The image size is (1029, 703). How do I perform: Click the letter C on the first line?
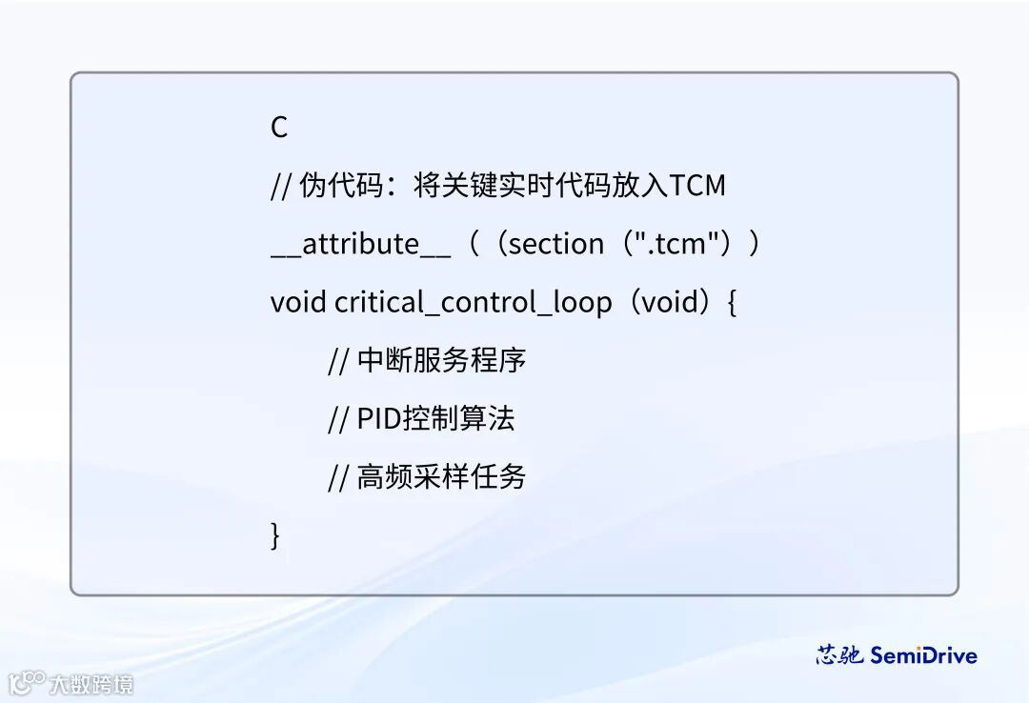coord(279,128)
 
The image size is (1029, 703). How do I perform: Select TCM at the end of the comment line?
coord(697,185)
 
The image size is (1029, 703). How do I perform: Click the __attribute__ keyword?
coord(360,245)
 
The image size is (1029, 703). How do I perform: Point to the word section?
coord(556,244)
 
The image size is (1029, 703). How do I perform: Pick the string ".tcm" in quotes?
coord(672,244)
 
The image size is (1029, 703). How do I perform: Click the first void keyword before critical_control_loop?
coord(298,302)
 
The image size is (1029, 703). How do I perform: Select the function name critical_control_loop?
coord(474,303)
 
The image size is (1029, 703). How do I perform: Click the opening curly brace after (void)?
coord(732,303)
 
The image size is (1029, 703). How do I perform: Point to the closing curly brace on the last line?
coord(276,535)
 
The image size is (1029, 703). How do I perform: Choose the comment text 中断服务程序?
coord(441,360)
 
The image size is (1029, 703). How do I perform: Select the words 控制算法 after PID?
coord(458,419)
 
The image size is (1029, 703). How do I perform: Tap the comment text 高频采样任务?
coord(441,476)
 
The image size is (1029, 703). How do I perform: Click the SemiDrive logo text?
coord(923,655)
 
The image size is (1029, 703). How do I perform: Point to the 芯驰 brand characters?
coord(839,655)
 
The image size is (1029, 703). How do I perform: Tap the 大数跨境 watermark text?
coord(91,684)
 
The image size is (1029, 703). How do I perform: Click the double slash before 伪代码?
coord(281,186)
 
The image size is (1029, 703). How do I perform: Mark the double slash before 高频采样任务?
coord(338,477)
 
